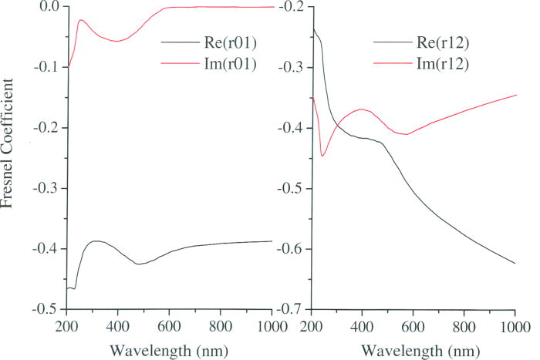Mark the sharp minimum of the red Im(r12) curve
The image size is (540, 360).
(322, 156)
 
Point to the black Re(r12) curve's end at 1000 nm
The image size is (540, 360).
(515, 264)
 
